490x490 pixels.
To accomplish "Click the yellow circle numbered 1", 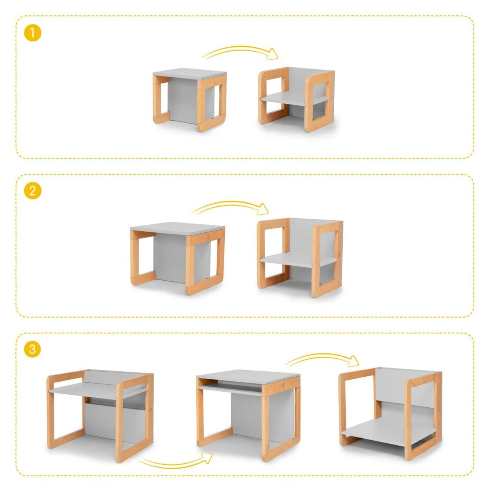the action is tap(33, 33).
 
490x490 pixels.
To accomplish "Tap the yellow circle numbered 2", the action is tap(33, 191).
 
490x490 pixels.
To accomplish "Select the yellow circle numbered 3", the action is tap(33, 349).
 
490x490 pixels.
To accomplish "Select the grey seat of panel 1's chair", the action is tap(292, 98).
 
